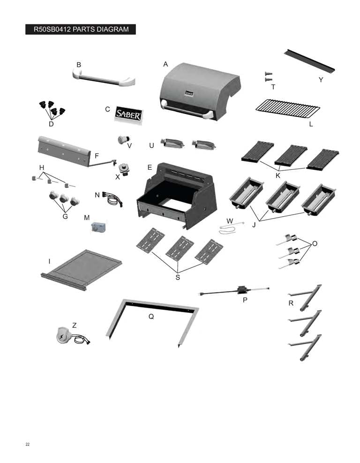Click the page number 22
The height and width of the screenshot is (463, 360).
28,444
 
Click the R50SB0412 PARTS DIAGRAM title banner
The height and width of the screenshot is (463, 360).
81,29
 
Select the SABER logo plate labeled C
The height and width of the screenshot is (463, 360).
128,114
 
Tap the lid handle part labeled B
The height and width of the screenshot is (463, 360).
104,78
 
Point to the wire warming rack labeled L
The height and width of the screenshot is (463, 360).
288,109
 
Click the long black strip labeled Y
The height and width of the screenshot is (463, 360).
309,61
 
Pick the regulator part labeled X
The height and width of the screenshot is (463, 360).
125,169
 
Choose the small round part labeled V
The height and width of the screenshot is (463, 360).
124,139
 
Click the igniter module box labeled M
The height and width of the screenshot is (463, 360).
99,227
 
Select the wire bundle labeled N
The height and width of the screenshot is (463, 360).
112,199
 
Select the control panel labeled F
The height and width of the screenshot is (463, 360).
64,151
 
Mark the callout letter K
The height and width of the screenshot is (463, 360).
277,176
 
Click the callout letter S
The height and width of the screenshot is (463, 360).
178,277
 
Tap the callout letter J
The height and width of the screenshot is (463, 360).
255,225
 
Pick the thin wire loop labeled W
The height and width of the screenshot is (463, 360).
231,228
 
